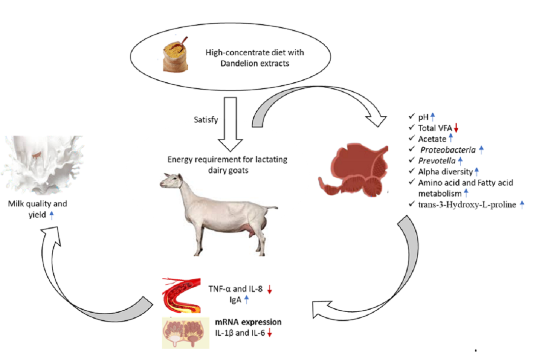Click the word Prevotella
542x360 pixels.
pos(436,161)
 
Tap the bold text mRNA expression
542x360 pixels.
pos(248,322)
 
